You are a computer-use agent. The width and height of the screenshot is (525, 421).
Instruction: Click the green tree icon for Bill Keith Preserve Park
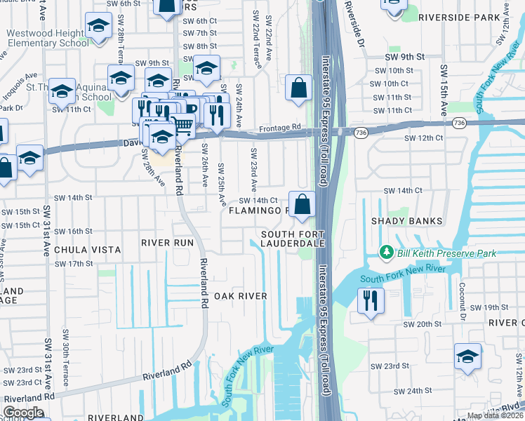385,252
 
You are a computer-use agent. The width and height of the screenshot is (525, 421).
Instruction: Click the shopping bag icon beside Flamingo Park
303,205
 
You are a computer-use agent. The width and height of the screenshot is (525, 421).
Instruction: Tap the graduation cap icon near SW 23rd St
467,356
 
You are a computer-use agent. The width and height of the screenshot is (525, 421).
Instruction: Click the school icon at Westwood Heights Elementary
99,26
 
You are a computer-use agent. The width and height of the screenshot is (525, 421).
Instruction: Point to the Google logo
23,413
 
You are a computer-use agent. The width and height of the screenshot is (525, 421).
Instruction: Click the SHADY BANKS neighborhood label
412,221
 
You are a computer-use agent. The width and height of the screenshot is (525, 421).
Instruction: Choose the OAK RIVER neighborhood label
241,296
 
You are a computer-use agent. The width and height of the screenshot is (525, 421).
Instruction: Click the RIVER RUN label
167,242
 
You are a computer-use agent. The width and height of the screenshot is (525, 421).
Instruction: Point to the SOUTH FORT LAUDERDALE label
293,239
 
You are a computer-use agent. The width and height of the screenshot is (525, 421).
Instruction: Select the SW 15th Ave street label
444,92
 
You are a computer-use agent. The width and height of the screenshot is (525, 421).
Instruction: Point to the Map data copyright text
495,415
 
